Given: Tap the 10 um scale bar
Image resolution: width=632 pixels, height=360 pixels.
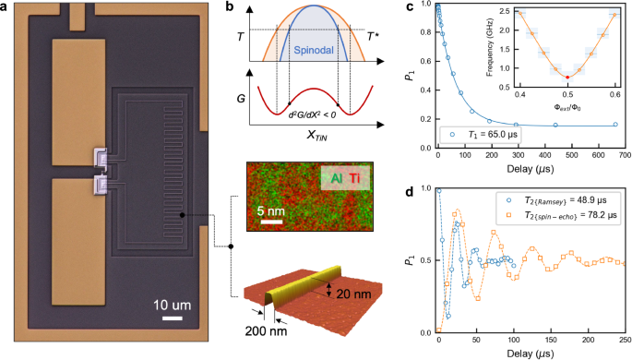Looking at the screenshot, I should pyautogui.click(x=170, y=319).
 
